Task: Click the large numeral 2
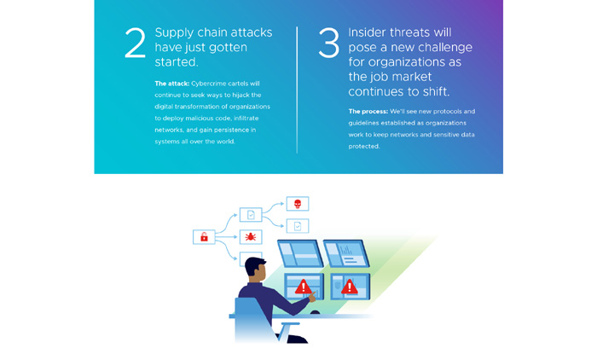point(135,43)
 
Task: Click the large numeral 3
point(328,43)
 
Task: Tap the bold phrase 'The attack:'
point(171,84)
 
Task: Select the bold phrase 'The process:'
point(368,111)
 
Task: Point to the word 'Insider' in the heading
point(368,32)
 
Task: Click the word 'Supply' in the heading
point(174,33)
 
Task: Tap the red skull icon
point(298,204)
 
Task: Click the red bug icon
point(250,236)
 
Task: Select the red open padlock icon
point(204,237)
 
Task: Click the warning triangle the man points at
point(303,287)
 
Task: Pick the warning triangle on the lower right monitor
point(349,287)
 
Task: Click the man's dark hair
point(254,265)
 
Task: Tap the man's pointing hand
point(313,296)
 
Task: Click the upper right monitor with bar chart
point(346,253)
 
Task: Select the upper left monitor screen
point(300,253)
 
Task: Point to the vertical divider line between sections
point(297,90)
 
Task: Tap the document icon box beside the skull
point(298,226)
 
